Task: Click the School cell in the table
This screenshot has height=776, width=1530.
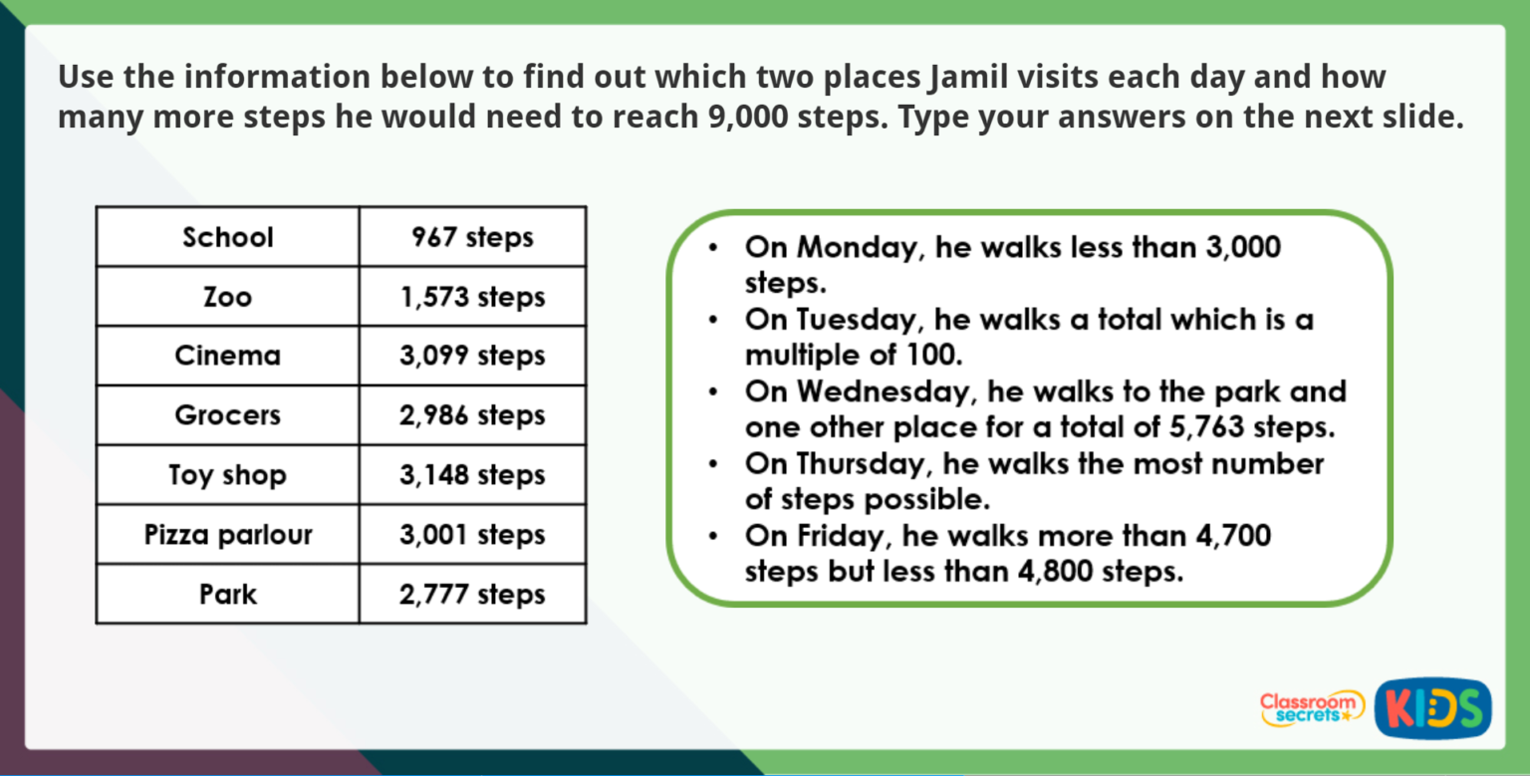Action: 227,237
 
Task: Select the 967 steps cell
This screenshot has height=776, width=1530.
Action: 472,237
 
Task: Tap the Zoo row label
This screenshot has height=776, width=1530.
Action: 227,297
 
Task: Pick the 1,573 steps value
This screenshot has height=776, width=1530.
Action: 472,297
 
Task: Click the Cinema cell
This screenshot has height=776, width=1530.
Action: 227,356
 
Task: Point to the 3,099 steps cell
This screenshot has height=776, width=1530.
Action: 472,356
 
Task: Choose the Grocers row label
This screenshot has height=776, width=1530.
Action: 227,415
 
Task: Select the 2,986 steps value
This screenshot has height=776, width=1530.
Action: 472,415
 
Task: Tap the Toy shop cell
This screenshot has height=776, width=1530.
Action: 227,475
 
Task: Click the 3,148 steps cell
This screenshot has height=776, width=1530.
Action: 472,475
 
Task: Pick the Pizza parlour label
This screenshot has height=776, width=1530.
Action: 227,535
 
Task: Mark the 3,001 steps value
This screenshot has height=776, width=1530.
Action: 472,535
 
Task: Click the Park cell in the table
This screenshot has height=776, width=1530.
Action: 227,595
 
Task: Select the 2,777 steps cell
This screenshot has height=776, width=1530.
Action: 472,595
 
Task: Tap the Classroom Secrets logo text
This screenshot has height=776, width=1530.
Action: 1312,707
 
